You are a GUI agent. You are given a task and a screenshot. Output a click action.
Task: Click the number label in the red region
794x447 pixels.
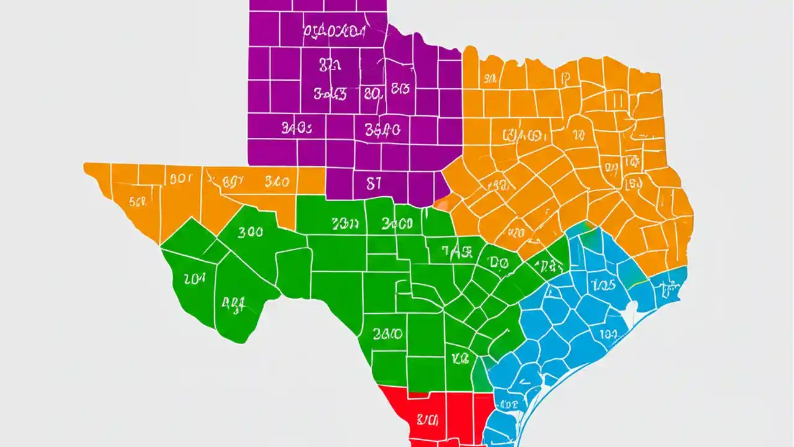pos(427,420)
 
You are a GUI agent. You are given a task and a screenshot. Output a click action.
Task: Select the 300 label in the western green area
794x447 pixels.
pos(250,232)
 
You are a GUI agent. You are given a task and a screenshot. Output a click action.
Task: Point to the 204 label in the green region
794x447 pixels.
pos(194,279)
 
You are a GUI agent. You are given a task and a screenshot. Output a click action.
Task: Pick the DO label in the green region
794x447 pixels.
pos(499,263)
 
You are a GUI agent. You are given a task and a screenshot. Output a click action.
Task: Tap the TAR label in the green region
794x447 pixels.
pos(458,251)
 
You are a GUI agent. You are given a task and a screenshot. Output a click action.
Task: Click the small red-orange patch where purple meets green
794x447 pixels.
pos(442,202)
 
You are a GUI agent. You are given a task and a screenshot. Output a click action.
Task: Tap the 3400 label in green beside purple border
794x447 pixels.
pos(398,223)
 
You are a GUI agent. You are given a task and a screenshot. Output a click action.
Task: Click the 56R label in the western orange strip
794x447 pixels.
pos(138,201)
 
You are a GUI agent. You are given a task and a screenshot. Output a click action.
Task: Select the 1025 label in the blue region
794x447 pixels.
pos(603,284)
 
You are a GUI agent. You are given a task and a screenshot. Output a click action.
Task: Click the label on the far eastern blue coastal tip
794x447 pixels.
pos(669,287)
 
